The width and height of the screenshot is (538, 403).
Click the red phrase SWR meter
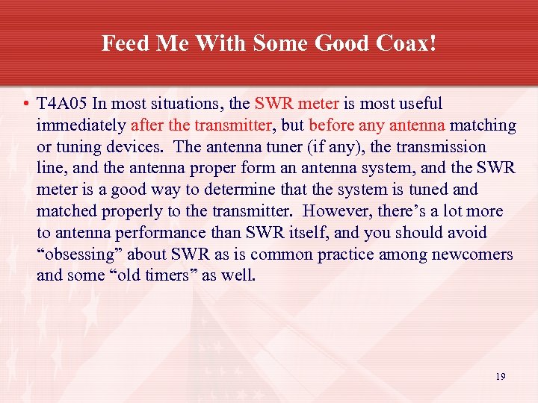297,104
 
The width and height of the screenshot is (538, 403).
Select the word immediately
81,125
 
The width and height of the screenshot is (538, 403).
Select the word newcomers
471,254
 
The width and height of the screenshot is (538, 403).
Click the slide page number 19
500,377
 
